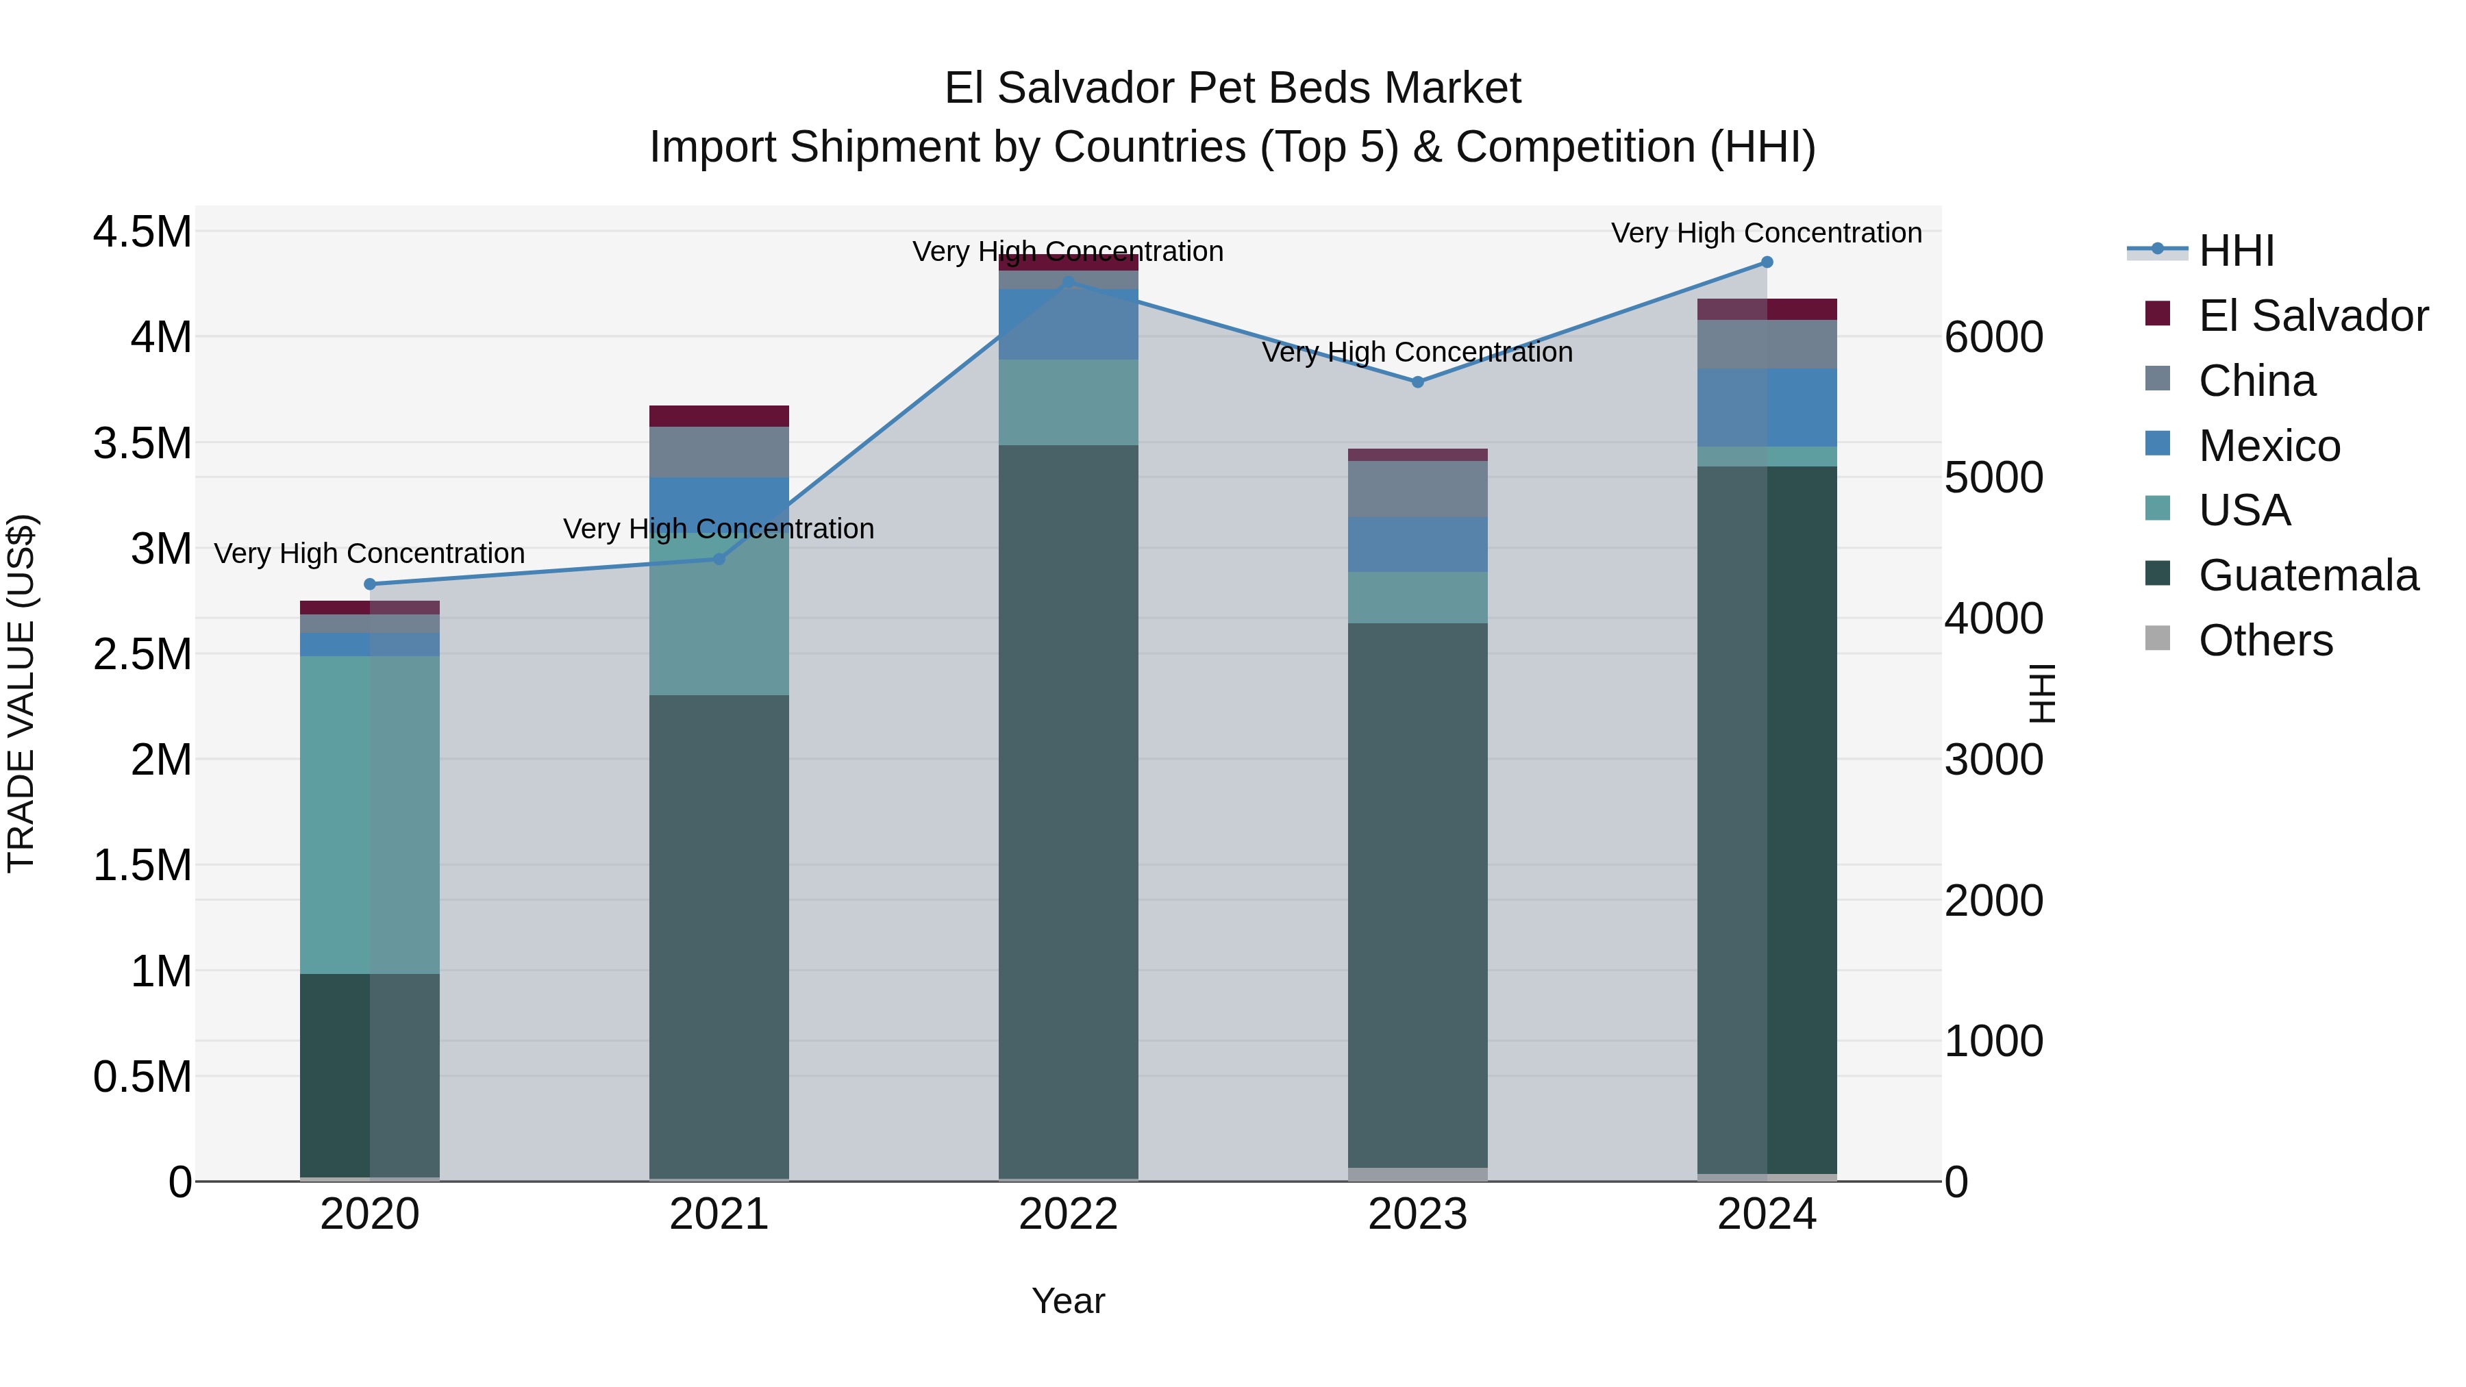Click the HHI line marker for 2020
click(x=369, y=584)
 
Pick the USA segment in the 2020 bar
click(x=369, y=814)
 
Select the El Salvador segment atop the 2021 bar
click(x=719, y=416)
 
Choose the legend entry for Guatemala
click(x=2308, y=575)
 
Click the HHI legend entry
click(x=2235, y=251)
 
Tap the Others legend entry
click(x=2265, y=640)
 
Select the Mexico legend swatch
click(x=2158, y=444)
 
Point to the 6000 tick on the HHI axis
click(x=1994, y=337)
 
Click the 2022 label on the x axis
click(x=1069, y=1214)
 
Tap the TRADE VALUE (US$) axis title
click(x=21, y=693)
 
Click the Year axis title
click(x=1069, y=1301)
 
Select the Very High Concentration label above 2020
click(x=369, y=553)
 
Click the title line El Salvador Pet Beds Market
click(x=1232, y=88)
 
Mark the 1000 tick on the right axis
click(x=1994, y=1041)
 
